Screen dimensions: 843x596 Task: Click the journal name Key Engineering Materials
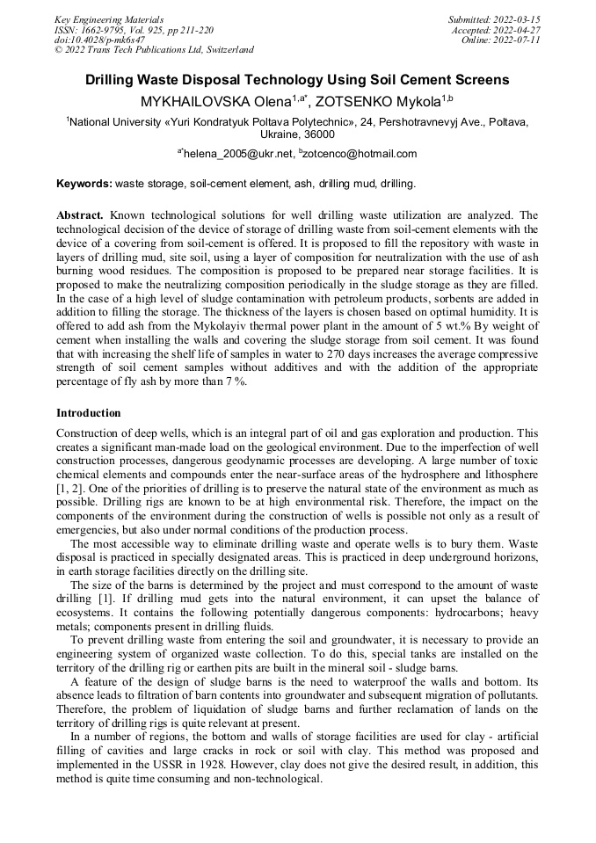pyautogui.click(x=109, y=19)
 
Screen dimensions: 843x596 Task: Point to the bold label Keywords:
pyautogui.click(x=84, y=185)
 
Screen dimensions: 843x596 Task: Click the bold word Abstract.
pyautogui.click(x=81, y=214)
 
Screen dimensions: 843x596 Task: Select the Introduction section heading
pyautogui.click(x=89, y=412)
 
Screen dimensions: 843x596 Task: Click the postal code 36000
pyautogui.click(x=318, y=134)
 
